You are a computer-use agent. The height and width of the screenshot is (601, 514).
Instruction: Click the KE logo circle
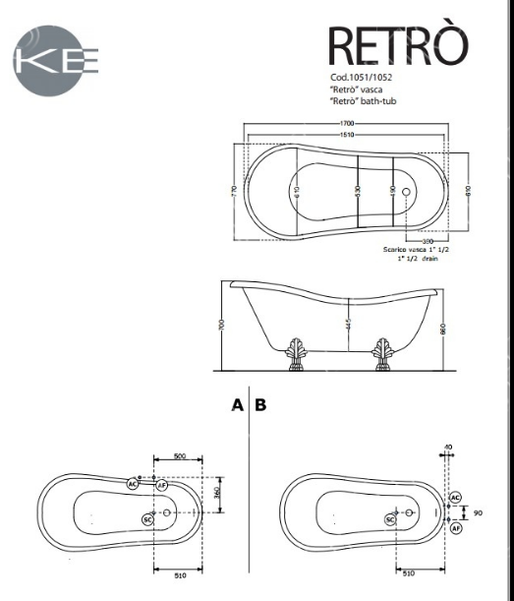click(x=57, y=60)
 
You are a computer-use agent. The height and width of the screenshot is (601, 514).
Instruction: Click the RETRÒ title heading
click(x=397, y=45)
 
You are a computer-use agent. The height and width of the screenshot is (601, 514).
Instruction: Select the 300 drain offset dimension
click(x=428, y=240)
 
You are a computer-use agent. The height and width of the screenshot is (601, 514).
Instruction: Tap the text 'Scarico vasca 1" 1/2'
click(x=421, y=250)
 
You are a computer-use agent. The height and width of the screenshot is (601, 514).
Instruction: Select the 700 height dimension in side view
click(x=223, y=325)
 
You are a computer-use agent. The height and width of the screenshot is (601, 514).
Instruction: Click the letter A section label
click(x=237, y=404)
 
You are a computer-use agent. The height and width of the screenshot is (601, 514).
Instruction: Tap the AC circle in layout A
click(x=134, y=484)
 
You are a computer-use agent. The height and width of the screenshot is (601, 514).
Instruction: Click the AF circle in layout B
click(x=456, y=528)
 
